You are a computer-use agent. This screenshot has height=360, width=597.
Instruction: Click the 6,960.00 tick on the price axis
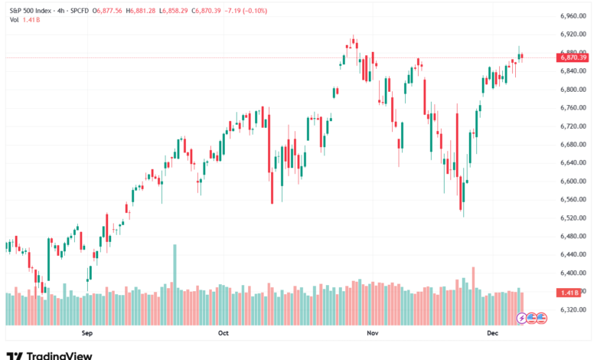[573, 15]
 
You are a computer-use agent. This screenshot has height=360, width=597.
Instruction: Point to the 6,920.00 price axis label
[573, 34]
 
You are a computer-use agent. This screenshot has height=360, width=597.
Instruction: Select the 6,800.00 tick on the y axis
[573, 89]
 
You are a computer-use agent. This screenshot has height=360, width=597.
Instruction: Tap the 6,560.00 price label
[573, 199]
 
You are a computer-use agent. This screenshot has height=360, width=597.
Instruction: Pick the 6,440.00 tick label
[573, 254]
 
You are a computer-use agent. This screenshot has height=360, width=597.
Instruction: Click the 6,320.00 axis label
[573, 309]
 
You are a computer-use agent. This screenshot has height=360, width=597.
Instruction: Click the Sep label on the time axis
[86, 333]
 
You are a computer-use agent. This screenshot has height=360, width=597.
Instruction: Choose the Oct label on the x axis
[223, 333]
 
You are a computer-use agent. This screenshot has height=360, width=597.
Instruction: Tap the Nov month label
[373, 333]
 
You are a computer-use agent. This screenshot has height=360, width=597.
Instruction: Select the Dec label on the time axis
[493, 333]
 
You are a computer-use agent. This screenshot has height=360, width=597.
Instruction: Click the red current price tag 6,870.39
[573, 57]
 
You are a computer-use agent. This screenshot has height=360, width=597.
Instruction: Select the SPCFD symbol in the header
[78, 10]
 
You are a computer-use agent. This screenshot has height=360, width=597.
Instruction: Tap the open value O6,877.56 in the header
[109, 10]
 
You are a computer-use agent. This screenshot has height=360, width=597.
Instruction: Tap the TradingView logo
[49, 355]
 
